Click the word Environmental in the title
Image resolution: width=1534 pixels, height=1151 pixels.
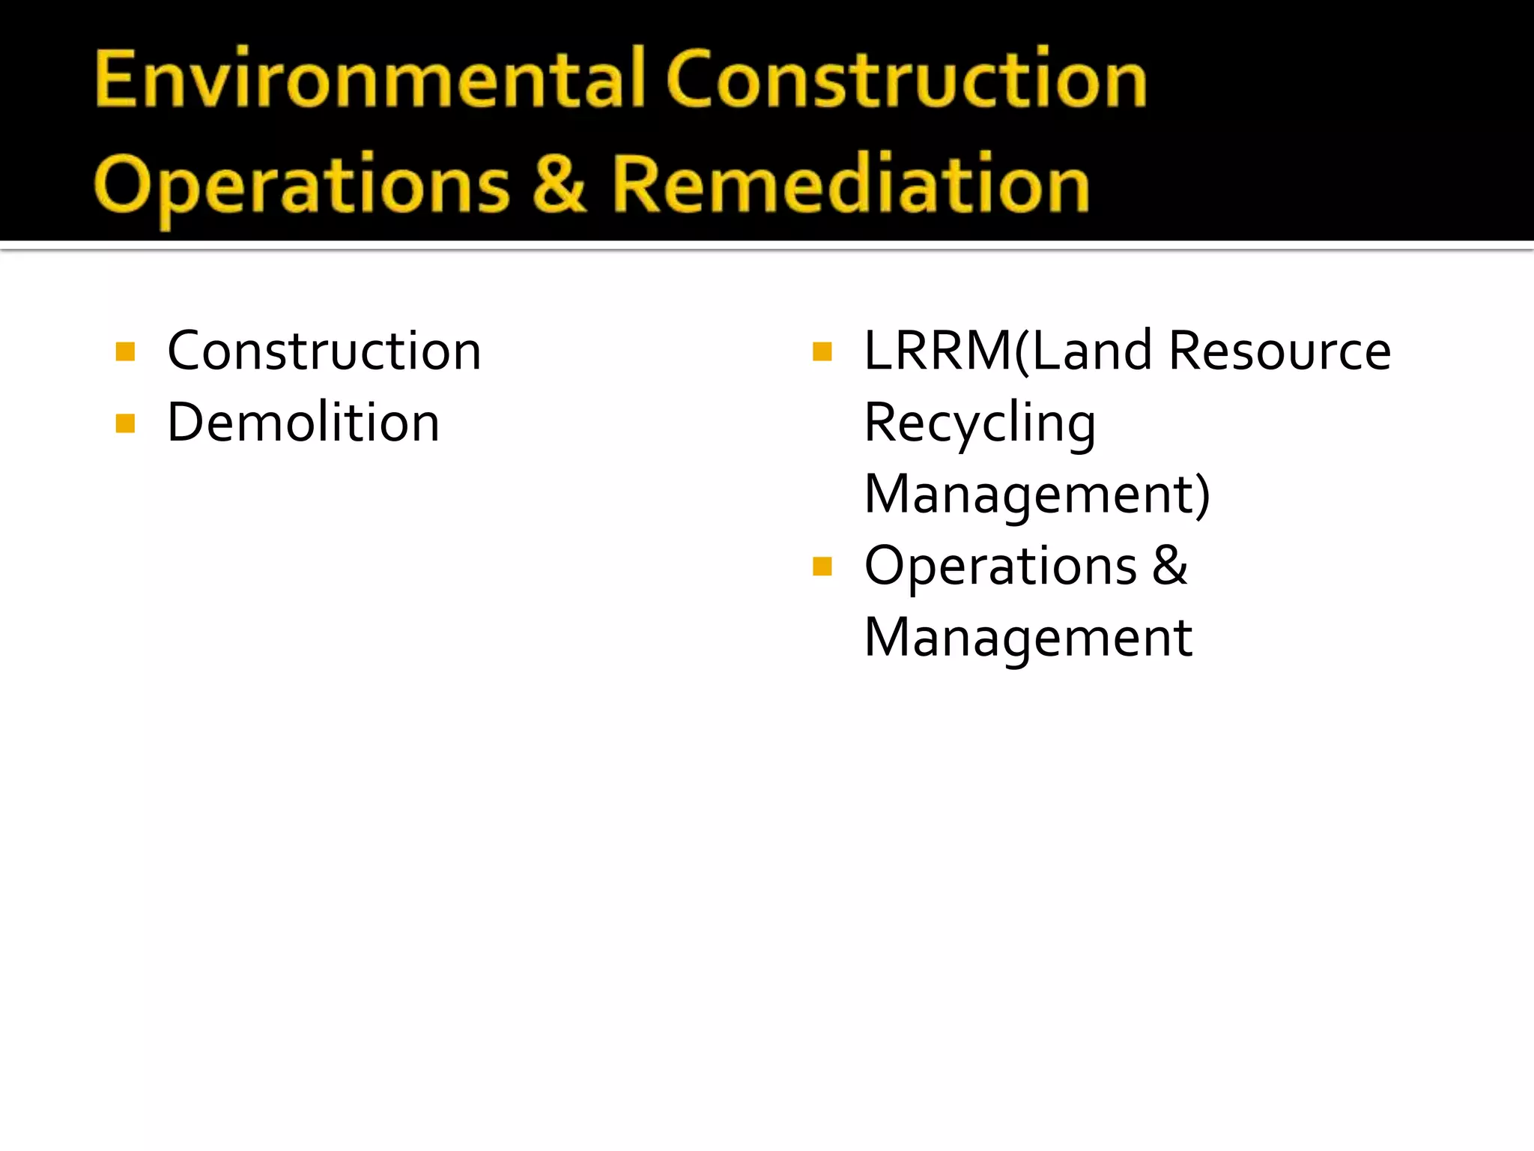point(370,79)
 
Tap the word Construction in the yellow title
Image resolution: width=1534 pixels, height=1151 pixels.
point(906,79)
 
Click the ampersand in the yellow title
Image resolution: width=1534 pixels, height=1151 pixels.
point(559,184)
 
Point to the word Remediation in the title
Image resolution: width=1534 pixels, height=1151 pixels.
point(850,184)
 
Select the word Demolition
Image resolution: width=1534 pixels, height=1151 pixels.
point(303,423)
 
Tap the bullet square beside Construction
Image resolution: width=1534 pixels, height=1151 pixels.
point(125,352)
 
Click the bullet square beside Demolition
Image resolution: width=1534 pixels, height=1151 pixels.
point(125,424)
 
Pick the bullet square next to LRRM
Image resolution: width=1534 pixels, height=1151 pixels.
point(822,352)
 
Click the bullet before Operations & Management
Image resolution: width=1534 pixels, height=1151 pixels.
point(822,567)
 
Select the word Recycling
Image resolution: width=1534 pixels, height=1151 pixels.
point(980,424)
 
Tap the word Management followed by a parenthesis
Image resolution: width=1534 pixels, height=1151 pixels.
point(1026,495)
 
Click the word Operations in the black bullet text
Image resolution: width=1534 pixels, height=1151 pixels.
point(1001,567)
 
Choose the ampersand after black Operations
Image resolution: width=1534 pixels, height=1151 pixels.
point(1170,565)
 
